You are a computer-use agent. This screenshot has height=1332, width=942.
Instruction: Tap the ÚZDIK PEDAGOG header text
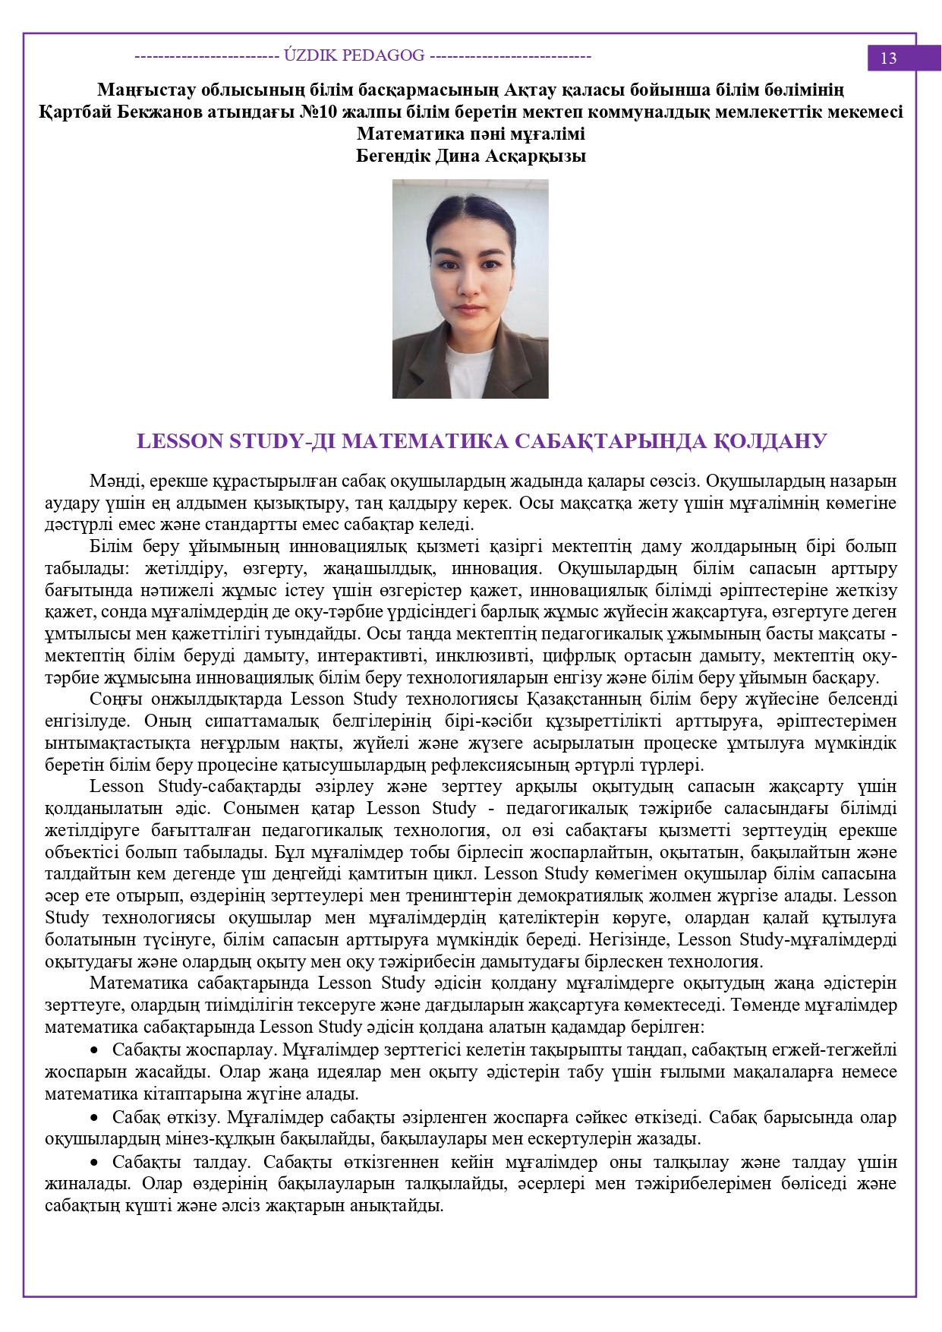354,55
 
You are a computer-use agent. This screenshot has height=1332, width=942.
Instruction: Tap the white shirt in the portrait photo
468,368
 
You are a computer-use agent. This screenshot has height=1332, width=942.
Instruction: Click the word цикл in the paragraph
458,874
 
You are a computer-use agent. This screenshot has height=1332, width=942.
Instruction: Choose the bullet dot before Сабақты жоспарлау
95,1050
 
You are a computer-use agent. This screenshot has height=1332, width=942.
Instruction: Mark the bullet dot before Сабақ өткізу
95,1118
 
